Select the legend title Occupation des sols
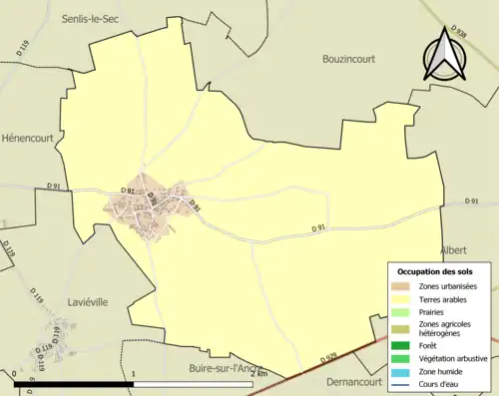coord(435,271)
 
